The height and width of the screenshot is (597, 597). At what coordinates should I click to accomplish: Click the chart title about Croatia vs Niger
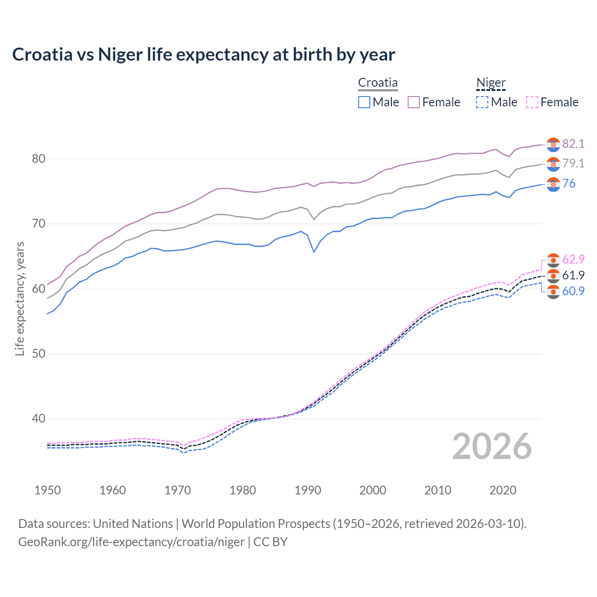(x=203, y=55)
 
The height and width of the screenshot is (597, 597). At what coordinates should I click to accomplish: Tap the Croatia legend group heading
(x=378, y=83)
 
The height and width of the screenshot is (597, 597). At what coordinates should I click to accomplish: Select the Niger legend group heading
(x=491, y=83)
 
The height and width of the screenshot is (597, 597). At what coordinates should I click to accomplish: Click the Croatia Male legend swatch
(x=364, y=102)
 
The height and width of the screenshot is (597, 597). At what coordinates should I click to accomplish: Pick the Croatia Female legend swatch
(x=414, y=102)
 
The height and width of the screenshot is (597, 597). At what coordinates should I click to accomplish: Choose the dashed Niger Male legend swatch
(x=482, y=102)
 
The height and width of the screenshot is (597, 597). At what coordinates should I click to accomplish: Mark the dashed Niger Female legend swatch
(x=532, y=102)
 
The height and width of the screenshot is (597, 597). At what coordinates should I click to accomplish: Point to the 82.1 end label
(x=573, y=144)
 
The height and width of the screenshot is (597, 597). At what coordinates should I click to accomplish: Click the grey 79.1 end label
(x=573, y=163)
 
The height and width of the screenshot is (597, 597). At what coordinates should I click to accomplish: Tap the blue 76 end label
(x=569, y=183)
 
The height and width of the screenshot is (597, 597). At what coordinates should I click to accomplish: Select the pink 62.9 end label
(x=573, y=259)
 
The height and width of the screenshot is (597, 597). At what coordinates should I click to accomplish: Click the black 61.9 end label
(x=573, y=275)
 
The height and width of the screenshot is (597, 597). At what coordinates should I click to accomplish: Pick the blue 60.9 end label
(x=573, y=291)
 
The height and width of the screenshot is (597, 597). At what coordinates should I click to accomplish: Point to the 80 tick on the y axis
(x=39, y=159)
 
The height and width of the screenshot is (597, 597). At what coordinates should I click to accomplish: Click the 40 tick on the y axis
(x=39, y=419)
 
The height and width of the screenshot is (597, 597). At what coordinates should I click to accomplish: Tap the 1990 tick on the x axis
(x=308, y=490)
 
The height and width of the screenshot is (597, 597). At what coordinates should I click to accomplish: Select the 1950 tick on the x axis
(x=48, y=490)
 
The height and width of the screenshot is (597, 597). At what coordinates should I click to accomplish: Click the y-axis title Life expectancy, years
(x=20, y=298)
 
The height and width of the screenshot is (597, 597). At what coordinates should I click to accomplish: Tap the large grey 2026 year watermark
(x=492, y=446)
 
